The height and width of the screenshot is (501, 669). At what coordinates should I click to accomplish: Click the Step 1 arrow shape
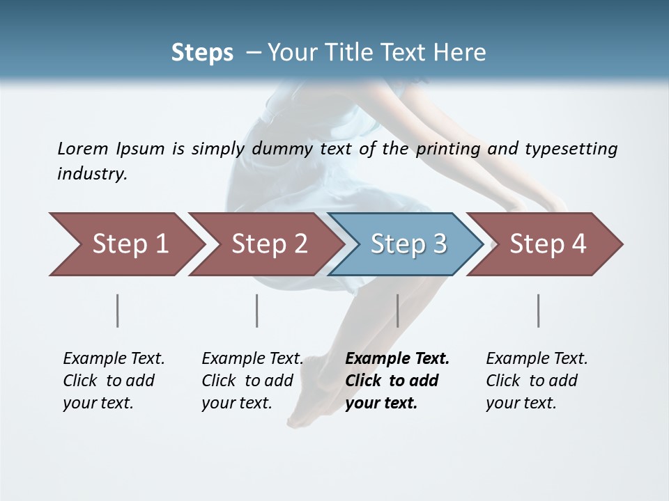[x=130, y=244]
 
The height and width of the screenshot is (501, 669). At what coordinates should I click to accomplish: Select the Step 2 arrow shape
[x=269, y=244]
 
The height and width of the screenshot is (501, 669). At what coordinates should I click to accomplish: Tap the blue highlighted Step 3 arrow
[x=408, y=244]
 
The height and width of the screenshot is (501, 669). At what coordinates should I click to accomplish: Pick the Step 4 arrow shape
[x=548, y=244]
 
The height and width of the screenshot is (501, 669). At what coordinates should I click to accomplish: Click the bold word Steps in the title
[x=202, y=53]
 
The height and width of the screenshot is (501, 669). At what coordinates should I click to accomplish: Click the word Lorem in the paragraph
[x=82, y=148]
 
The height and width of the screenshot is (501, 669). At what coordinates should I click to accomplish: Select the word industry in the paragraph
[x=91, y=173]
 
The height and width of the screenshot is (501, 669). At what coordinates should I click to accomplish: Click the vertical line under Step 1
[x=118, y=310]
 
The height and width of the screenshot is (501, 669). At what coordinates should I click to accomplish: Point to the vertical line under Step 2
[x=257, y=310]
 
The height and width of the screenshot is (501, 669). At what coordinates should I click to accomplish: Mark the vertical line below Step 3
[x=398, y=310]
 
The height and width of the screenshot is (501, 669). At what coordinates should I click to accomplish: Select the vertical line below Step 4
[x=539, y=310]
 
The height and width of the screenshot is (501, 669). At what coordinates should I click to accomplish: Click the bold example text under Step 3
[x=397, y=381]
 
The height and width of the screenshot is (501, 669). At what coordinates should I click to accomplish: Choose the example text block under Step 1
[x=114, y=381]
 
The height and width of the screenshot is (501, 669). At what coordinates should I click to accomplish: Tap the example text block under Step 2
[x=252, y=381]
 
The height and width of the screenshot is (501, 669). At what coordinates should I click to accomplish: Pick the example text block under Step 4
[x=537, y=381]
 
